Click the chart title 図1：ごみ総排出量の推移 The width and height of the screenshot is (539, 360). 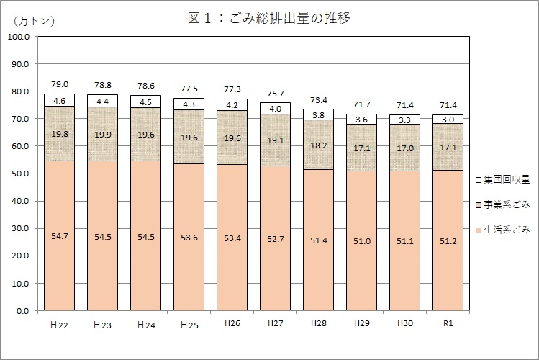[268, 18]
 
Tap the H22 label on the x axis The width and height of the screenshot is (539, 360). [59, 325]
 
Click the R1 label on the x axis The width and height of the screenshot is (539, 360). [448, 324]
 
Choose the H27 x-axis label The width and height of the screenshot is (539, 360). [275, 324]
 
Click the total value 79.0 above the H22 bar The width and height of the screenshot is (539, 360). [59, 85]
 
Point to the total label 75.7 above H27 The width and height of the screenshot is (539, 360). [275, 94]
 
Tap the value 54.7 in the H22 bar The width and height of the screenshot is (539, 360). [59, 235]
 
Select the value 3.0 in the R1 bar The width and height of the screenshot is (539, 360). [448, 120]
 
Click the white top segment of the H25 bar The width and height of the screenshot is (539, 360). [189, 104]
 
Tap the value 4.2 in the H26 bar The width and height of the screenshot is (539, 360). [232, 104]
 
